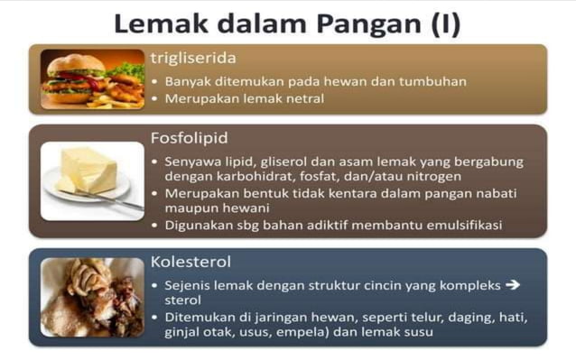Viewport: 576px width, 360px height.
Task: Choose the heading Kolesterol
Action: tap(190, 263)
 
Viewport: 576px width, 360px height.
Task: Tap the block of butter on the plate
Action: tap(88, 170)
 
